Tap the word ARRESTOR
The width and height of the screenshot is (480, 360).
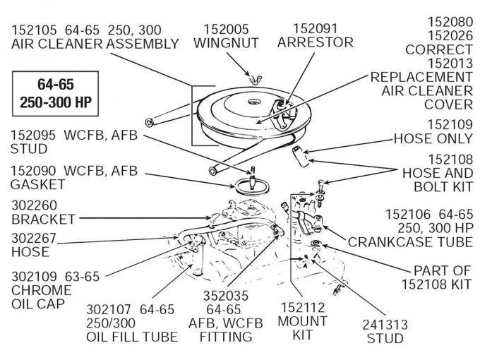306,42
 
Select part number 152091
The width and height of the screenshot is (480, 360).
306,29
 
